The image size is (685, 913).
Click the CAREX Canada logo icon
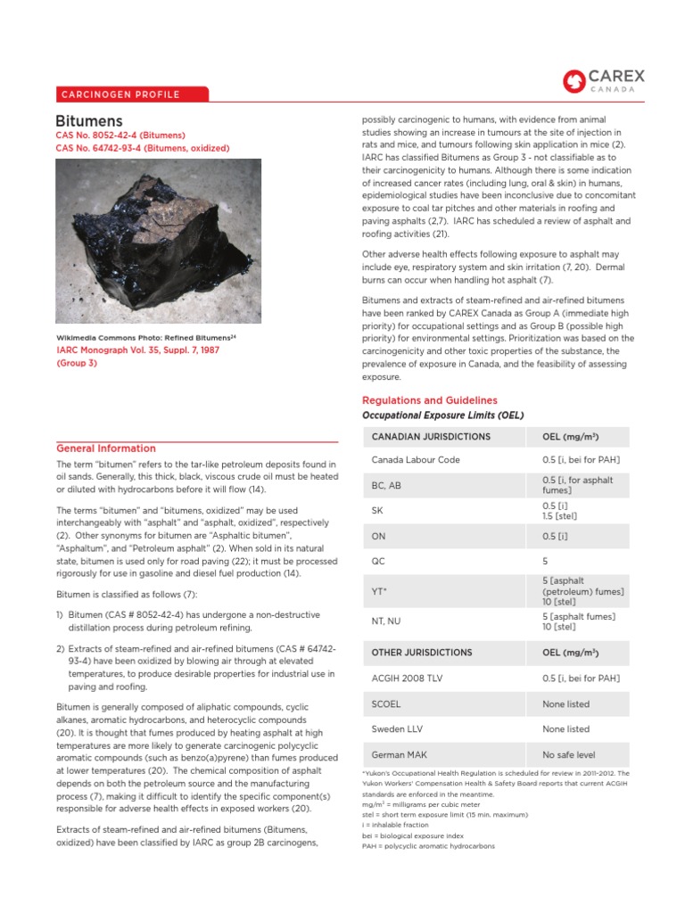[x=574, y=81]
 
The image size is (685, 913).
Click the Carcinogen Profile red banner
[x=131, y=95]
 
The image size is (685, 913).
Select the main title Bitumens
[x=89, y=120]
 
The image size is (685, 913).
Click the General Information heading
[x=105, y=448]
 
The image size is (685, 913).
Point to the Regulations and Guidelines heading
[x=429, y=400]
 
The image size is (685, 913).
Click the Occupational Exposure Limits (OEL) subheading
[x=442, y=415]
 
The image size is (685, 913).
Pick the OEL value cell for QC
[x=546, y=562]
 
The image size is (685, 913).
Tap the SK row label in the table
[x=376, y=511]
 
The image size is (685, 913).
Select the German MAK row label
[x=399, y=754]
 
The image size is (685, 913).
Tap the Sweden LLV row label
[x=396, y=729]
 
